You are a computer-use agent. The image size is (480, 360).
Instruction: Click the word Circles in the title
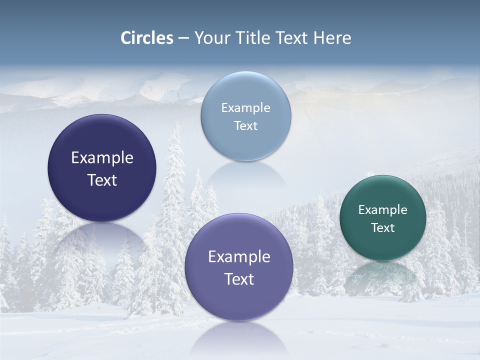pyautogui.click(x=147, y=38)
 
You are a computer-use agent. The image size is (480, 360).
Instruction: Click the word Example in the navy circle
pyautogui.click(x=102, y=158)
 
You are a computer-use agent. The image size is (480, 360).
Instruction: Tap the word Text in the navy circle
pyautogui.click(x=102, y=180)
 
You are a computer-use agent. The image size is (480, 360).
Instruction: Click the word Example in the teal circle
pyautogui.click(x=383, y=210)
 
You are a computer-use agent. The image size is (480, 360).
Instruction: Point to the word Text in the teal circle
pyautogui.click(x=383, y=228)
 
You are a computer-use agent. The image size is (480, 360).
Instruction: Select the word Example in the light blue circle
pyautogui.click(x=245, y=108)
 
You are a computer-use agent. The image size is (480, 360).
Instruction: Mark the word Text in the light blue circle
pyautogui.click(x=245, y=126)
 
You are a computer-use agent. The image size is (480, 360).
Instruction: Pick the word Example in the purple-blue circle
pyautogui.click(x=239, y=257)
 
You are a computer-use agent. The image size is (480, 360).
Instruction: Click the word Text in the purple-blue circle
pyautogui.click(x=239, y=279)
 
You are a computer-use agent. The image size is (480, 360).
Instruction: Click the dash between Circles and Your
pyautogui.click(x=183, y=38)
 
